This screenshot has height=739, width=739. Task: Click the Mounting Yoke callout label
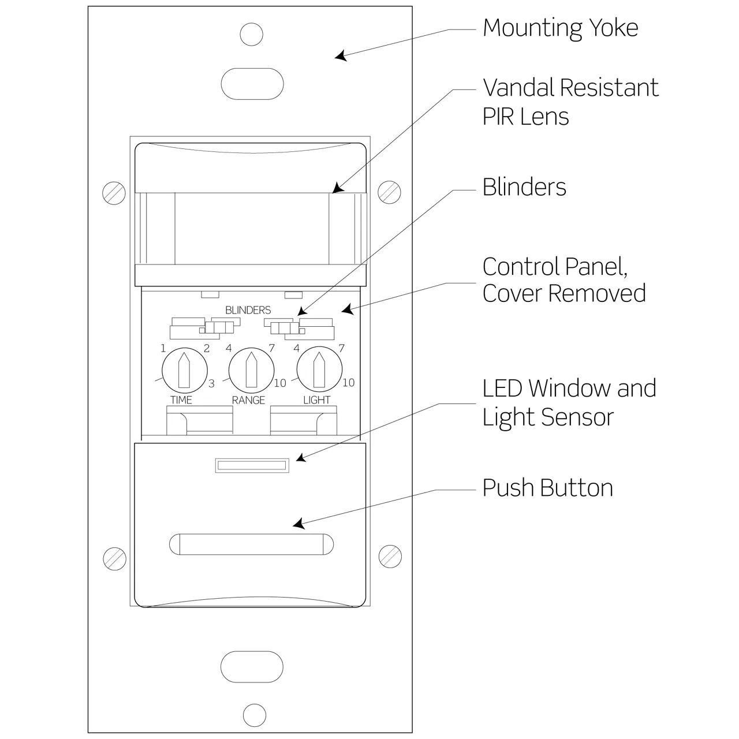[560, 28]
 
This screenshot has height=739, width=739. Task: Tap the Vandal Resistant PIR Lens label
[570, 102]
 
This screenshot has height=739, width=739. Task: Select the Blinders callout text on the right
[524, 187]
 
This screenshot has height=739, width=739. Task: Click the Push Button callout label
[547, 488]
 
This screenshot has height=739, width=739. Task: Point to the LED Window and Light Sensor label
[569, 402]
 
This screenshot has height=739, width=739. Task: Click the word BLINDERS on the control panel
[248, 311]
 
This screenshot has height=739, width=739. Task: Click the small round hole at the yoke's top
[251, 35]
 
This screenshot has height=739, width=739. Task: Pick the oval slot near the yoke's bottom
[252, 667]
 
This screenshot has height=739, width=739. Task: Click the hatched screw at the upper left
[114, 192]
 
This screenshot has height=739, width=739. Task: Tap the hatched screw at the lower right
[390, 556]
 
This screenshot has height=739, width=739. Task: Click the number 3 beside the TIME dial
[211, 383]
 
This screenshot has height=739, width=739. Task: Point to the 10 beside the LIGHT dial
[348, 382]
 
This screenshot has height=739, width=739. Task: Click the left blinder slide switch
[217, 329]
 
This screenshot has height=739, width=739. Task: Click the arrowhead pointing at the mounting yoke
[341, 57]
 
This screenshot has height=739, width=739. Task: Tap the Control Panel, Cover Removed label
[563, 280]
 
